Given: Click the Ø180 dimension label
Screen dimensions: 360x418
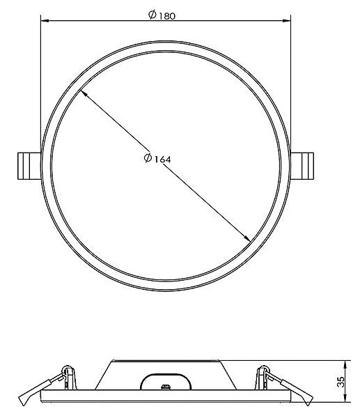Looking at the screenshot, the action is [x=162, y=15].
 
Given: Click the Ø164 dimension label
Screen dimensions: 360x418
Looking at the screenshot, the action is [x=157, y=158].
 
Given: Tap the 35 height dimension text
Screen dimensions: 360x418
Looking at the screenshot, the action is [x=341, y=382].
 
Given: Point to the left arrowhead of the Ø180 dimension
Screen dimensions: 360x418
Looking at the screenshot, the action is [x=45, y=20].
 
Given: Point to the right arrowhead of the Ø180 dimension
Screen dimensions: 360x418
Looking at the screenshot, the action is [x=287, y=20].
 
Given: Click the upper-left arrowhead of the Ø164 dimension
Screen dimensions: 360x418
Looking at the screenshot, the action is [x=83, y=93].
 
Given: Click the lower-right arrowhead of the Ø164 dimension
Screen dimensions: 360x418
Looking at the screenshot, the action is [x=246, y=238].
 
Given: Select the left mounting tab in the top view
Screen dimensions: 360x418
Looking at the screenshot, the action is [x=29, y=166].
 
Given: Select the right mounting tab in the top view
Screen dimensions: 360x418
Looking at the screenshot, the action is [x=302, y=166].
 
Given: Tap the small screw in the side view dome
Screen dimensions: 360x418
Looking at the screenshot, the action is [x=166, y=387].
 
